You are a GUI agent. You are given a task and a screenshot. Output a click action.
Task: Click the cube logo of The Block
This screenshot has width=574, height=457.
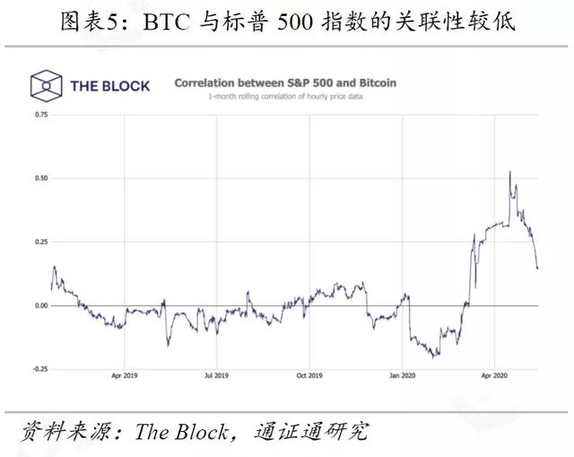click(x=46, y=85)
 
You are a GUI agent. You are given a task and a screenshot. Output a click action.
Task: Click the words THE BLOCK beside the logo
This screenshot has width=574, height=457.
click(x=110, y=86)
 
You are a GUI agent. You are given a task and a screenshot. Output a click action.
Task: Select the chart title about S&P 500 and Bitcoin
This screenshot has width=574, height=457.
click(x=285, y=83)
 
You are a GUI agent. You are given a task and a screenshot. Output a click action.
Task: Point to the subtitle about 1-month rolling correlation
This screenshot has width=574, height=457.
click(x=285, y=96)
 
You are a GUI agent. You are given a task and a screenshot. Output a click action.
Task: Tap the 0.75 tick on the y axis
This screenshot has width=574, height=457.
click(x=41, y=115)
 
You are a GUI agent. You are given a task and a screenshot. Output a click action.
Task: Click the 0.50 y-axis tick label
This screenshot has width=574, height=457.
click(x=41, y=178)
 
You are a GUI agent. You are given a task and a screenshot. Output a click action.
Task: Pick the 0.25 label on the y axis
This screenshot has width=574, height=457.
click(x=41, y=242)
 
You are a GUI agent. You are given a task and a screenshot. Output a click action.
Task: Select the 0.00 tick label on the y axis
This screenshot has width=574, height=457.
click(x=41, y=305)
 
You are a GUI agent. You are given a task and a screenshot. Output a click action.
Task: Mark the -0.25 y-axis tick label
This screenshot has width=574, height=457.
click(x=40, y=369)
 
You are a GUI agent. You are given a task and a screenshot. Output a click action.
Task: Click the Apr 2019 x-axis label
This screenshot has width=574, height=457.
click(x=125, y=375)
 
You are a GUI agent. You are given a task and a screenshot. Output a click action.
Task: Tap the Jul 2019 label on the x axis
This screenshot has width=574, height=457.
click(x=217, y=375)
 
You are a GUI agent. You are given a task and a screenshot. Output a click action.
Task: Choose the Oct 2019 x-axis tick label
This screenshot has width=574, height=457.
click(x=309, y=375)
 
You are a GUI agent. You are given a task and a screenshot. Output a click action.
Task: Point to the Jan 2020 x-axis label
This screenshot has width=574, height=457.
click(x=403, y=375)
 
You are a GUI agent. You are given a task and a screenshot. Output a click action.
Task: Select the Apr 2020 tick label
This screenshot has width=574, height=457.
click(x=494, y=375)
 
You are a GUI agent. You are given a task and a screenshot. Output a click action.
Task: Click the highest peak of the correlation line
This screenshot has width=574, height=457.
click(x=510, y=171)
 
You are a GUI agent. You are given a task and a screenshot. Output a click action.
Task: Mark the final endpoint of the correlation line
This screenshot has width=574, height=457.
click(x=537, y=268)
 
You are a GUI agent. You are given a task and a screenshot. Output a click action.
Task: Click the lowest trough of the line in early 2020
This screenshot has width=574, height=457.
click(x=433, y=357)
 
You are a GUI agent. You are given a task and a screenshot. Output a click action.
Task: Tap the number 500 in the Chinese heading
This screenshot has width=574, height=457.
click(x=295, y=22)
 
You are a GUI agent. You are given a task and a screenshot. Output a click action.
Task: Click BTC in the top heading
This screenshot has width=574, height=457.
click(x=167, y=22)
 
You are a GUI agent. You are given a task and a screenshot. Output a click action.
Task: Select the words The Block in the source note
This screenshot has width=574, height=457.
click(x=181, y=432)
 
